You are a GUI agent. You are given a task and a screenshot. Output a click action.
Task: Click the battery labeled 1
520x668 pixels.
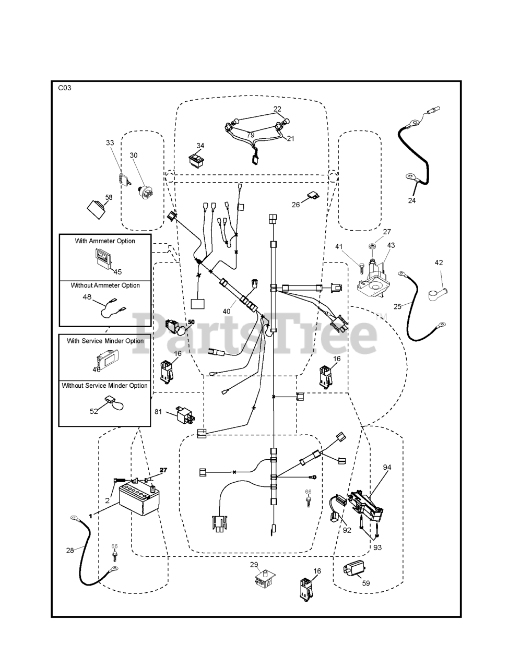coord(139,498)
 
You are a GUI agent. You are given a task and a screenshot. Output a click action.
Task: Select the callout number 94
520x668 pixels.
coord(387,467)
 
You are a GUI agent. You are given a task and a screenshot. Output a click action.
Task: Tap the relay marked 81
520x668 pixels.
coord(185,415)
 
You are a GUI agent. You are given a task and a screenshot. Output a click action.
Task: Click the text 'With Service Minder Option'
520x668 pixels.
coord(105,341)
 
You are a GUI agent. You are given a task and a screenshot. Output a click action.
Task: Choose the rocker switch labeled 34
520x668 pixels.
coord(197,160)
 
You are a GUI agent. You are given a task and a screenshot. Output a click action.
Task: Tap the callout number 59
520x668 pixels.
coord(365,583)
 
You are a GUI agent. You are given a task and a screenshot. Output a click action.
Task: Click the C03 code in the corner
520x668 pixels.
coord(65,88)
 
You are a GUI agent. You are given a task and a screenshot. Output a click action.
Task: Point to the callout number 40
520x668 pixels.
coord(227,312)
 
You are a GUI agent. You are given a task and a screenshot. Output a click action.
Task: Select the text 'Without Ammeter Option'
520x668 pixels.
coord(105,285)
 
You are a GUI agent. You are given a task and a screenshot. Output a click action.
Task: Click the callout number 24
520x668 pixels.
coord(412,200)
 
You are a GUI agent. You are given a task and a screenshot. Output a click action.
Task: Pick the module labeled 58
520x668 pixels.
coord(96,209)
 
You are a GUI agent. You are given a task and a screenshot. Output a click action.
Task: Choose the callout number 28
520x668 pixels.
coord(70,550)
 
